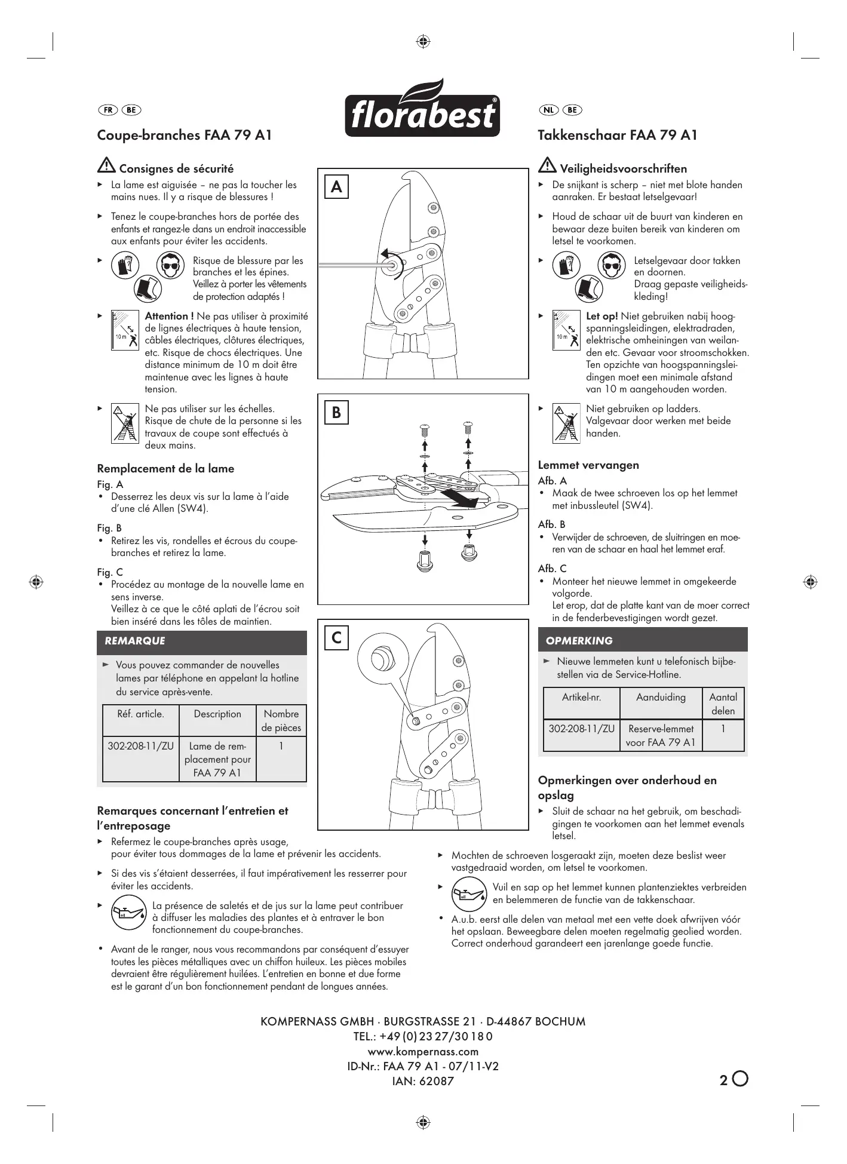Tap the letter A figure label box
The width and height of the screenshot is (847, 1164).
click(x=336, y=187)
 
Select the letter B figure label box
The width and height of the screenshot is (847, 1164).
click(x=336, y=412)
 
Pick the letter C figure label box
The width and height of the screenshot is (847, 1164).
click(x=336, y=637)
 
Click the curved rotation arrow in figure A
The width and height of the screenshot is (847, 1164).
click(x=391, y=261)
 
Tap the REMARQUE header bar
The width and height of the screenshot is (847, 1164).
click(x=201, y=641)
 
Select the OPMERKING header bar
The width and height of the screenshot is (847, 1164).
click(x=642, y=640)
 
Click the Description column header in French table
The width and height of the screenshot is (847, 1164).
click(x=217, y=714)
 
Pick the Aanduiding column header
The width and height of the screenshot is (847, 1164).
click(x=661, y=697)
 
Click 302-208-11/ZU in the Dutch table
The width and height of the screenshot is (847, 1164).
click(x=581, y=729)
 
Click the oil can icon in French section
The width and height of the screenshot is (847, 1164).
click(x=128, y=913)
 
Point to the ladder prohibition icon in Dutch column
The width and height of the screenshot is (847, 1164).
click(x=566, y=423)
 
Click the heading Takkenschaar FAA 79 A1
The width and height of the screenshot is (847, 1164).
click(x=618, y=135)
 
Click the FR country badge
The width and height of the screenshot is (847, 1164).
click(x=108, y=110)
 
